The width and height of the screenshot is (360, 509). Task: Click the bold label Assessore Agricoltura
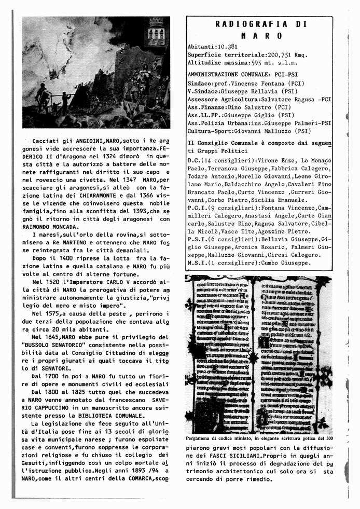click(218, 99)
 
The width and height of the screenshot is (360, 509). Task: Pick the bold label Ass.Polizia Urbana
click(215, 123)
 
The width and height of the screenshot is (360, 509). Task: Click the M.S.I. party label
click(197, 263)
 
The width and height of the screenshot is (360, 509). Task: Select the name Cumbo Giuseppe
click(283, 263)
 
